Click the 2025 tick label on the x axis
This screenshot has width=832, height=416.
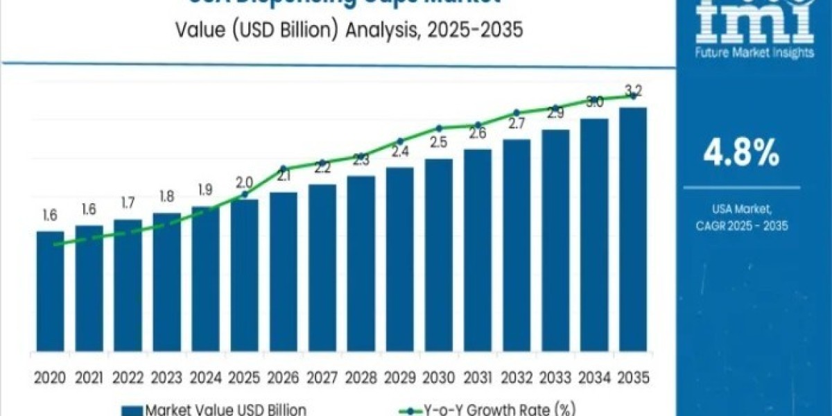[244, 377]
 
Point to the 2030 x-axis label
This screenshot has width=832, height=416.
[438, 377]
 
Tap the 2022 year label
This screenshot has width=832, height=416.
[128, 377]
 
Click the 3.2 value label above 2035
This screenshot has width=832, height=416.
[633, 91]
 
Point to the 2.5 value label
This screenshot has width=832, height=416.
[438, 143]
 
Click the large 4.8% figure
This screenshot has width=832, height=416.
[741, 153]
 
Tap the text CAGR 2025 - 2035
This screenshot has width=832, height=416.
[741, 226]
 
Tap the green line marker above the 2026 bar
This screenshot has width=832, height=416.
[283, 168]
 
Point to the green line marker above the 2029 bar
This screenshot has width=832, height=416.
[399, 141]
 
